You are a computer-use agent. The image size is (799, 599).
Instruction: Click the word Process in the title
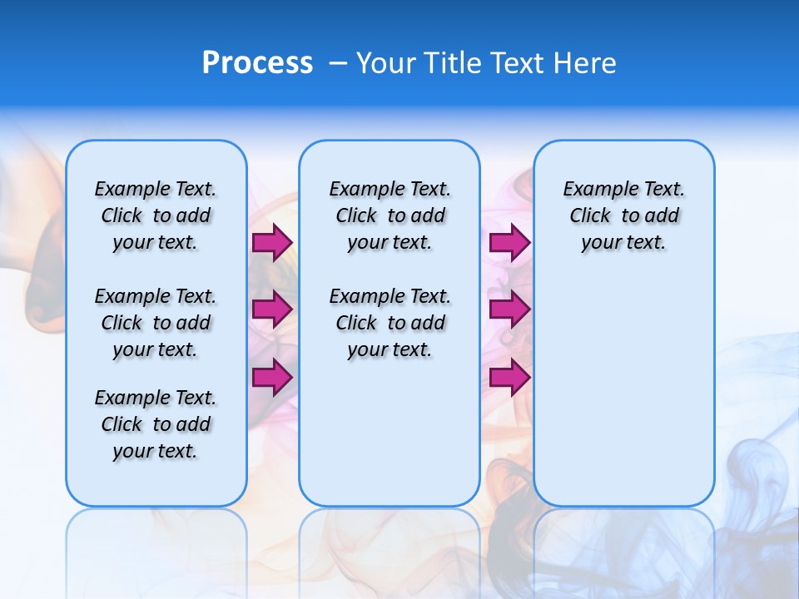[257, 63]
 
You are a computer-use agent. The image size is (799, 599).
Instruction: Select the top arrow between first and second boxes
[272, 243]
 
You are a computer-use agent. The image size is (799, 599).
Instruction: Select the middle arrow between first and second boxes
[272, 309]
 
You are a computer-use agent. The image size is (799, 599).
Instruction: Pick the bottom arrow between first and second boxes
[272, 378]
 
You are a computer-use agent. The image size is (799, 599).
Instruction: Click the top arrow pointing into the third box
[509, 243]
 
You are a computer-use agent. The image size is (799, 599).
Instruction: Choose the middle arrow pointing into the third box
[509, 309]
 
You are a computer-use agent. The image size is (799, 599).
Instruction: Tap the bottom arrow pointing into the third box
[509, 378]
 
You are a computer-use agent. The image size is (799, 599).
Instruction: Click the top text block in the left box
[156, 215]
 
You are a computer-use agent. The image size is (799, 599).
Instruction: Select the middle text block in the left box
[156, 323]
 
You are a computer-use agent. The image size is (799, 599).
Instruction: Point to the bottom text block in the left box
[156, 424]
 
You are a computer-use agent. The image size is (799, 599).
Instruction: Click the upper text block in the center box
[390, 215]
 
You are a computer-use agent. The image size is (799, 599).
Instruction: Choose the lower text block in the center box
[390, 323]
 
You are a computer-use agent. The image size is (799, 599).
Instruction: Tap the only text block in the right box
[624, 215]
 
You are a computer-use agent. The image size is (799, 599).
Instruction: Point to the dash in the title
[338, 63]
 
